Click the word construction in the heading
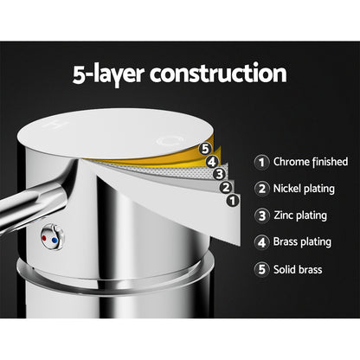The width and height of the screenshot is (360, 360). point(219,72)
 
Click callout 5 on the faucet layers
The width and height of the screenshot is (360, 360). point(206,148)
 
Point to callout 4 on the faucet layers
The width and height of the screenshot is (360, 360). point(211,159)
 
